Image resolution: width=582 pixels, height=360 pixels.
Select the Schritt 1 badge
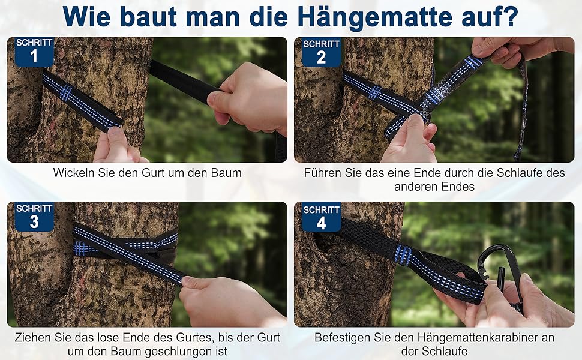34,52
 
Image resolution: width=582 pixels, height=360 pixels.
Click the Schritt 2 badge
322,52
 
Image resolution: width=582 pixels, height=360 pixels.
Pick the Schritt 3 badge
34,217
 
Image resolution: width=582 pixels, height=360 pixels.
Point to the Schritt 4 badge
322,217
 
